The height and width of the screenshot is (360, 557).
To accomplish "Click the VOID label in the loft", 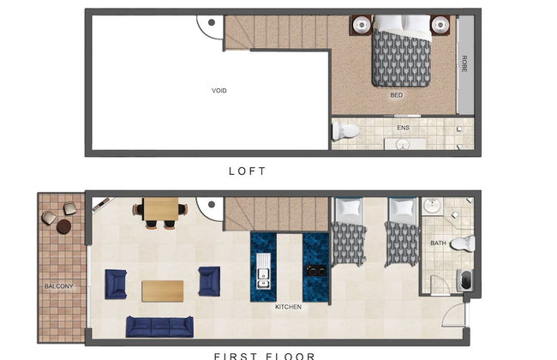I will coord(219,90).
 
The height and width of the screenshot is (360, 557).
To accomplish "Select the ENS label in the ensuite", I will coord(402,128).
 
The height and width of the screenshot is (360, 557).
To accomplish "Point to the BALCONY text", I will coord(59,285).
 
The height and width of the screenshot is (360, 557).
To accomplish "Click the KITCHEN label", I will coord(287,306).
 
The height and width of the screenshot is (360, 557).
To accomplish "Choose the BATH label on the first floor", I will coord(437,243).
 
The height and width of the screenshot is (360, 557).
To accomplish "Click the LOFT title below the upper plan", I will coord(248,171).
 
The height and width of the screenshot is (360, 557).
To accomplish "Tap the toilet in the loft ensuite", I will coord(346,131).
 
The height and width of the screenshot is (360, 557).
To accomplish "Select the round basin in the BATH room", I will coord(432,207).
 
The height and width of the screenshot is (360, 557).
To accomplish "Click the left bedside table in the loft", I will coord(361,24).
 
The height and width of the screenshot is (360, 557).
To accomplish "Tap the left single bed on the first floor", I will coord(349,233).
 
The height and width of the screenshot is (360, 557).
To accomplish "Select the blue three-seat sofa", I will coord(159,327).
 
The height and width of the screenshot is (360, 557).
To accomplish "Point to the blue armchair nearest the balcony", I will coord(116,283).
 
